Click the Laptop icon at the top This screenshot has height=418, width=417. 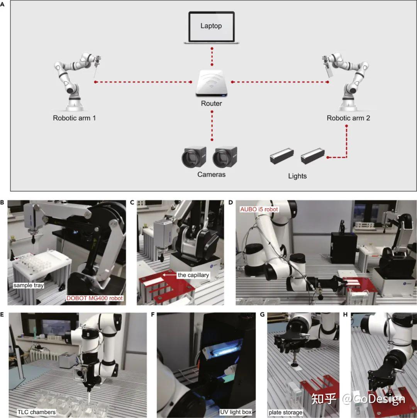[x=212, y=27]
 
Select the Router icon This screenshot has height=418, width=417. [x=211, y=83]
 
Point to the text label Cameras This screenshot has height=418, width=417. [x=211, y=174]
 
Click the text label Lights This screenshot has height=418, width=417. [x=297, y=176]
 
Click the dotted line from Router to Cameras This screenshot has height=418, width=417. [x=212, y=125]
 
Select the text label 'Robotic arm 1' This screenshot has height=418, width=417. [x=74, y=118]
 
